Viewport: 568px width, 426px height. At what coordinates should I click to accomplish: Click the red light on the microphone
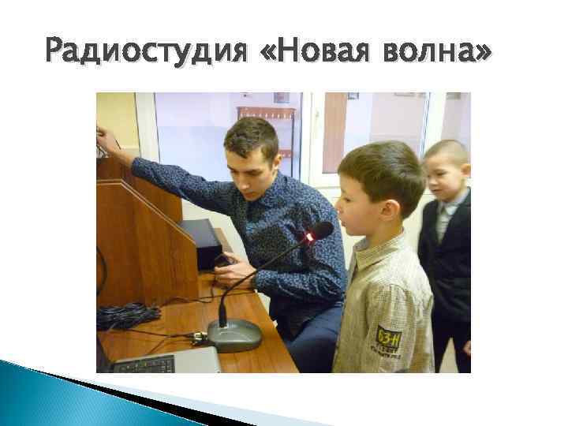click(x=309, y=237)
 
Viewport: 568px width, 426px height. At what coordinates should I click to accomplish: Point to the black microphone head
click(x=320, y=230)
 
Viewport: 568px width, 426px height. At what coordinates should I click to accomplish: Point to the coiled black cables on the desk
click(x=126, y=315)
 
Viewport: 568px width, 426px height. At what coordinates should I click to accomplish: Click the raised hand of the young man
click(x=105, y=142)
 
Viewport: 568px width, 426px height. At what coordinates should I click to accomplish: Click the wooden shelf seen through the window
click(x=266, y=126)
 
